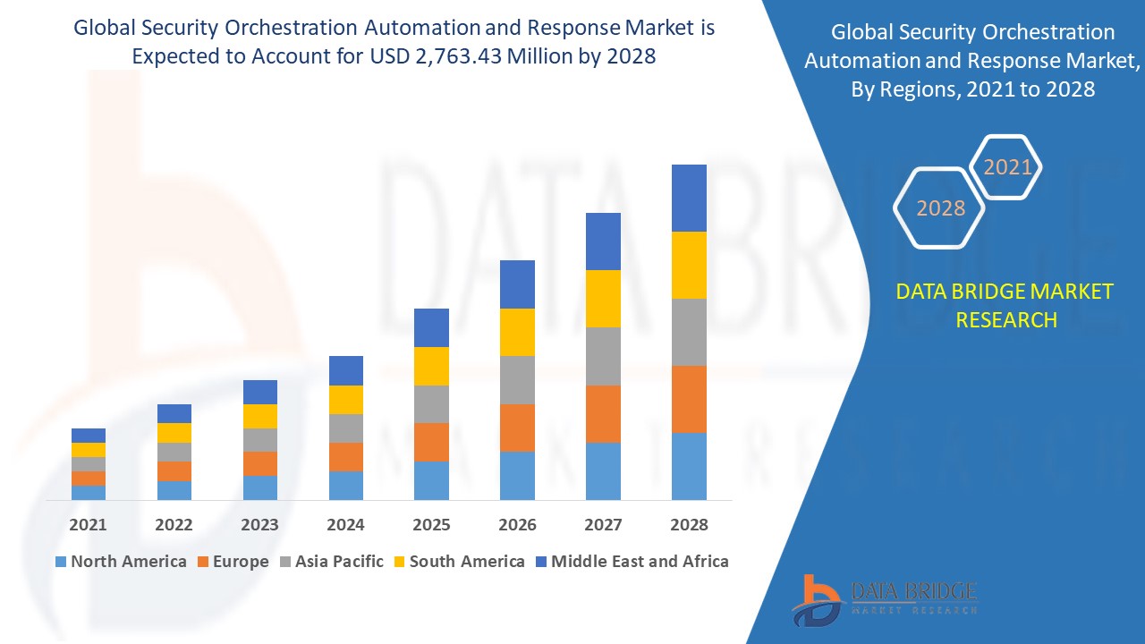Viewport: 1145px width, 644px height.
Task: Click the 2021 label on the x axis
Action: pyautogui.click(x=88, y=525)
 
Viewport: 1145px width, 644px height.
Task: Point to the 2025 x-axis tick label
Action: pyautogui.click(x=431, y=525)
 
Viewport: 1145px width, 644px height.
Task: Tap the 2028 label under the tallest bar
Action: pyautogui.click(x=689, y=525)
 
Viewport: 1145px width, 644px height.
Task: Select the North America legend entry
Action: pyautogui.click(x=121, y=562)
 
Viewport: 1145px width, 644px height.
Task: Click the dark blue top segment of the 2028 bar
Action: pyautogui.click(x=689, y=198)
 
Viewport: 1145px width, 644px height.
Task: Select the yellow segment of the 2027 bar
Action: pyautogui.click(x=603, y=299)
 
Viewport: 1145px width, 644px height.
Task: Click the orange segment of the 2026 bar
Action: pyautogui.click(x=517, y=428)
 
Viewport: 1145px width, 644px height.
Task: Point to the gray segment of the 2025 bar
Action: pyautogui.click(x=431, y=404)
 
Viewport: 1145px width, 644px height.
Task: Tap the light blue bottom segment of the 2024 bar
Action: pyautogui.click(x=345, y=485)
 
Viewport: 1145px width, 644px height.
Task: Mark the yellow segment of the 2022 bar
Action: pyautogui.click(x=174, y=433)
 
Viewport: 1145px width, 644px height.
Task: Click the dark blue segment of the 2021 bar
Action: pyautogui.click(x=88, y=436)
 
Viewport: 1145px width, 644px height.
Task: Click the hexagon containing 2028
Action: pyautogui.click(x=939, y=208)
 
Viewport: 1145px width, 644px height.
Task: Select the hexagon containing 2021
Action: pyautogui.click(x=1007, y=167)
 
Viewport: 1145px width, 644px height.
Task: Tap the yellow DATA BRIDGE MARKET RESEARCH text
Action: pyautogui.click(x=1005, y=305)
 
